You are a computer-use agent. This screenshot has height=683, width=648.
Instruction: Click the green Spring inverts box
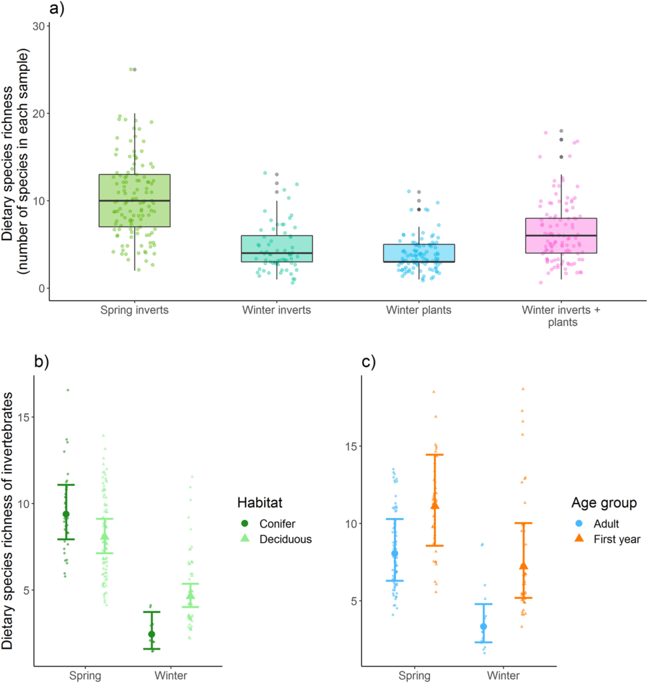click(x=135, y=200)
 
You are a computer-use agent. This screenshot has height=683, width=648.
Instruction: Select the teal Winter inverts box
click(x=277, y=248)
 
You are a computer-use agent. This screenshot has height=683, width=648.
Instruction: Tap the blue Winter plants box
click(x=419, y=253)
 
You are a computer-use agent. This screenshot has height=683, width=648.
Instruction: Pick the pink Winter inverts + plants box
click(x=561, y=236)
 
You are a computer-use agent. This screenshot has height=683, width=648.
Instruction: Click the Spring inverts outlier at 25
click(x=135, y=69)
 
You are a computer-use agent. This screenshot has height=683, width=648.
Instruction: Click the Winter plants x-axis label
click(x=419, y=310)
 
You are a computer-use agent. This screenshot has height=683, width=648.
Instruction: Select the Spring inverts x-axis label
click(x=135, y=310)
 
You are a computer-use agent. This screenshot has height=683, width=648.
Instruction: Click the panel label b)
click(x=42, y=363)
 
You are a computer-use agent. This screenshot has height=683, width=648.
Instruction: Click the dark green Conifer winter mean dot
click(x=151, y=634)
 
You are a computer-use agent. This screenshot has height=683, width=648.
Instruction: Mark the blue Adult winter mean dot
click(x=483, y=626)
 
